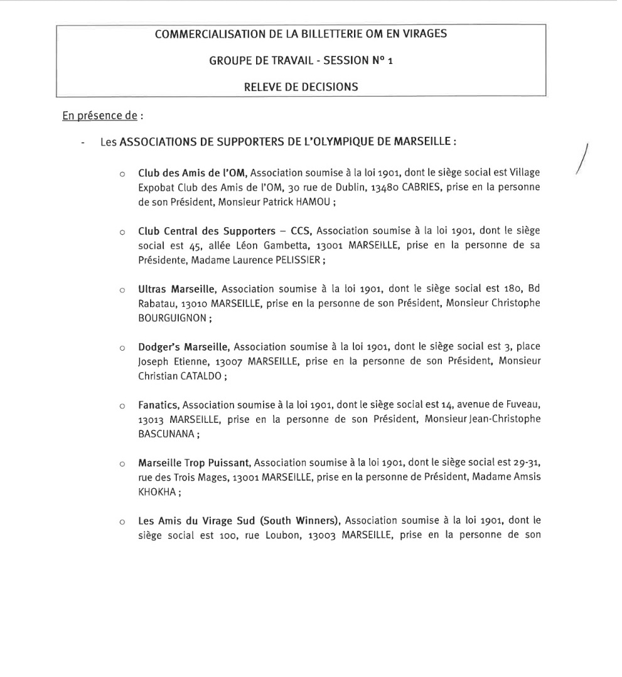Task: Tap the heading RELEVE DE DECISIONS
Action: click(x=301, y=87)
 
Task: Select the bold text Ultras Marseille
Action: click(x=177, y=289)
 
